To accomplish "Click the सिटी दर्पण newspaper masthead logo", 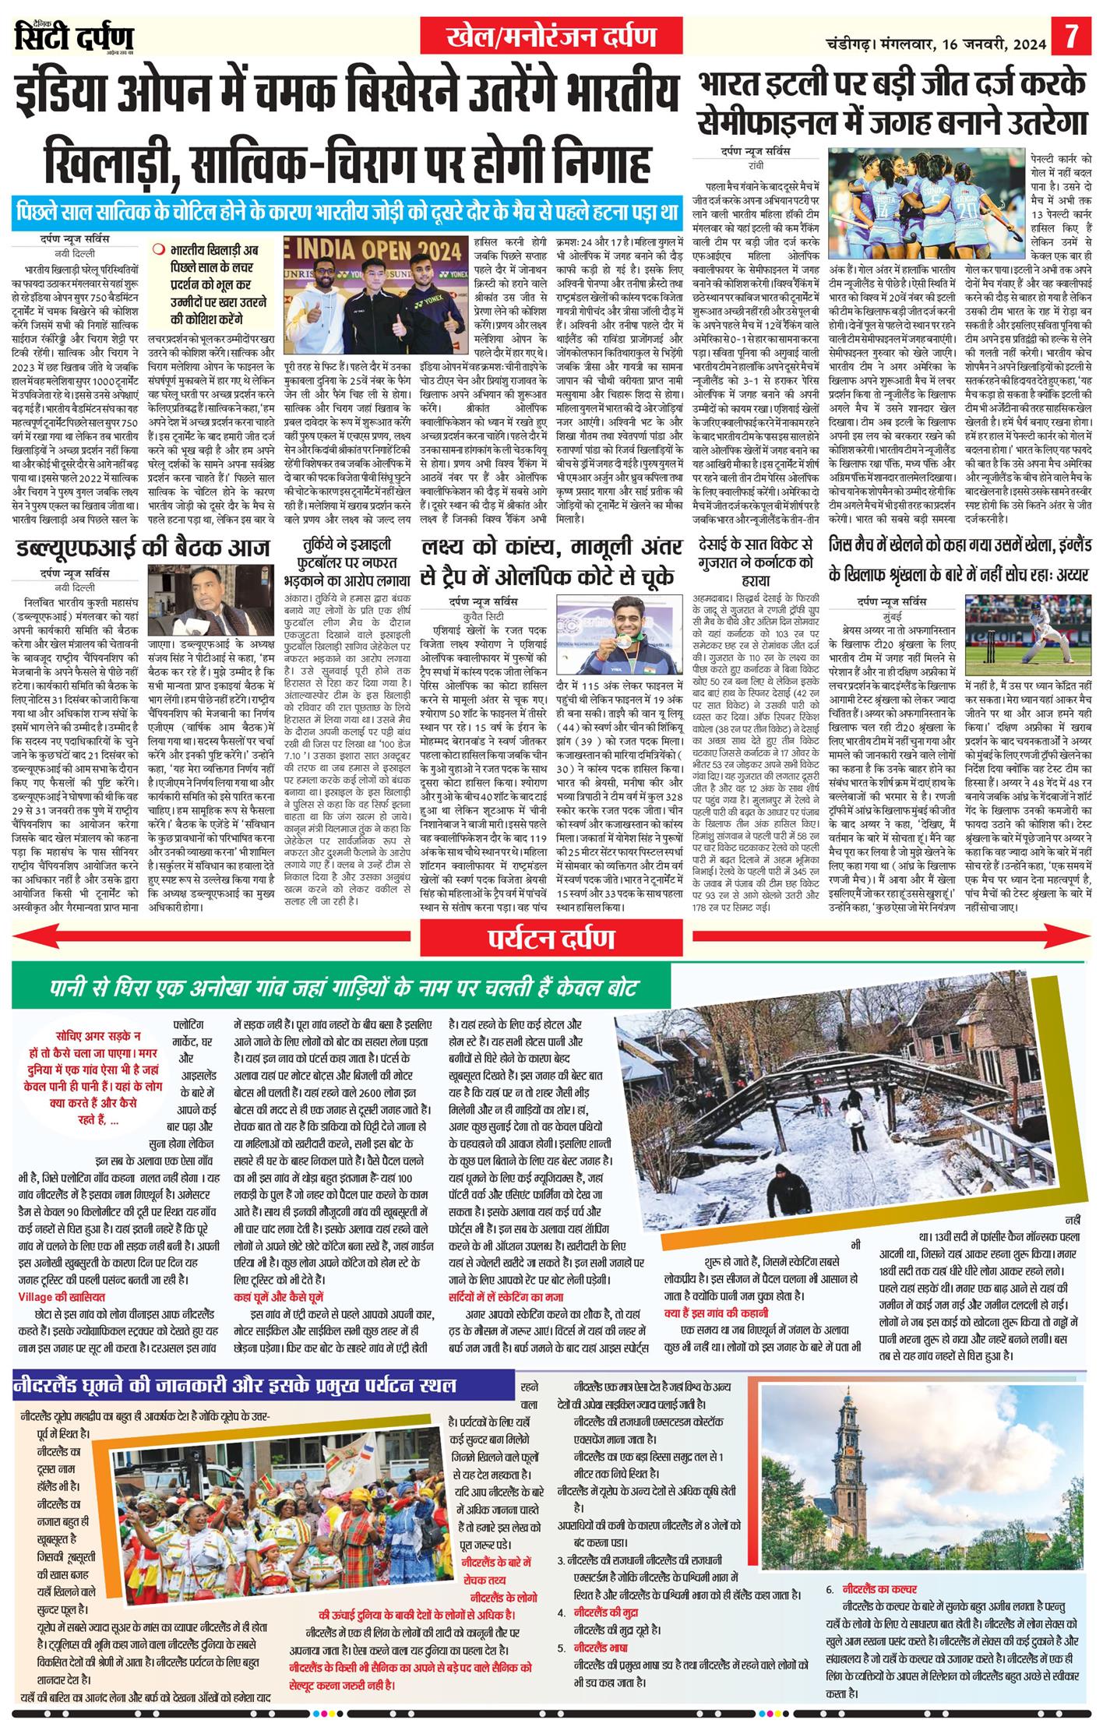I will coord(74,37).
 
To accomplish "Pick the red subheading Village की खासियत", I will coord(61,1297).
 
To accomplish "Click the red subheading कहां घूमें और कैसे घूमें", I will coord(278,1296).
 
